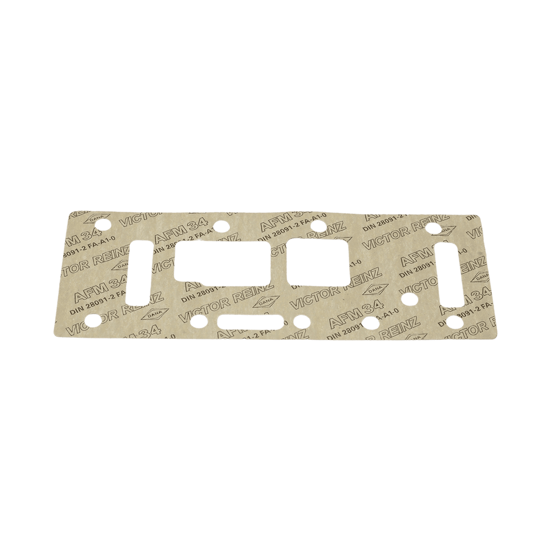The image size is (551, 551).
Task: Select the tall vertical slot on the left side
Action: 142,271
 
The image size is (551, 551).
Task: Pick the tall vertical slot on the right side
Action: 450,274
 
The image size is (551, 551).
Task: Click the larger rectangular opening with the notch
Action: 223,260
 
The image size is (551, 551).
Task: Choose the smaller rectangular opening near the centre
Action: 318,263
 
